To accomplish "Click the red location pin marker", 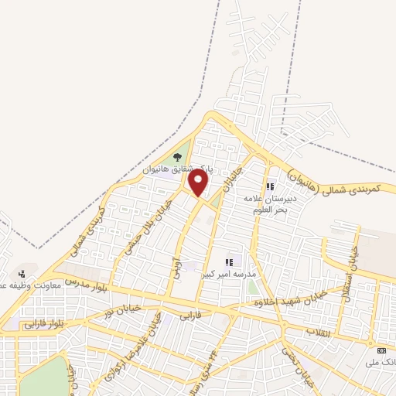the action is click(199, 184).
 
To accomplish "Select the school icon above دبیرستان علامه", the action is click(271, 186).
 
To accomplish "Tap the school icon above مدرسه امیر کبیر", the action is click(228, 261).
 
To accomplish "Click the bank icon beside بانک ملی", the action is click(381, 350).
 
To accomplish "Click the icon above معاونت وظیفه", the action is click(22, 272).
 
